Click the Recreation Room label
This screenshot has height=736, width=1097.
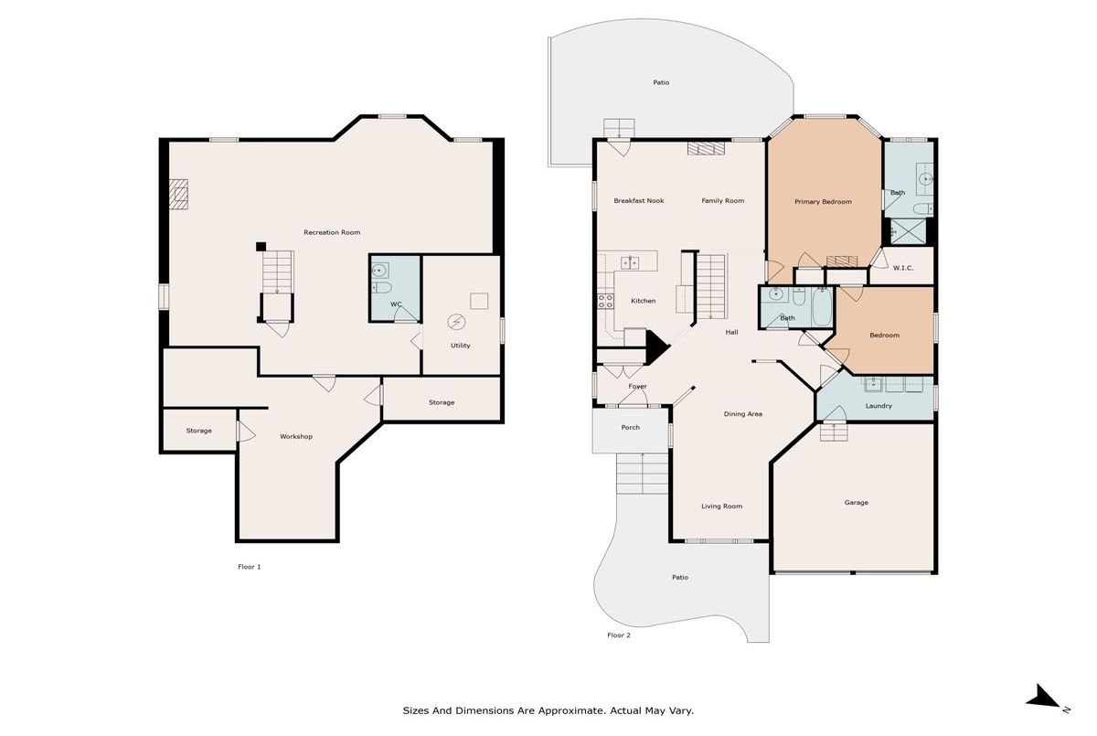click(332, 232)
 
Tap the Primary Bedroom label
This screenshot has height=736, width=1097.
click(823, 201)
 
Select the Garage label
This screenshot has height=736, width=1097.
click(856, 503)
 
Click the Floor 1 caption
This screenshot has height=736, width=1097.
click(250, 567)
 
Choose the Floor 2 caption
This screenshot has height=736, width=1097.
click(619, 635)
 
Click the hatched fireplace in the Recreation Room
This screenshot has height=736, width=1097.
click(179, 195)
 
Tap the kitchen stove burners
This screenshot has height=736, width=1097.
click(605, 301)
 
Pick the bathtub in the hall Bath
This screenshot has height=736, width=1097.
click(822, 307)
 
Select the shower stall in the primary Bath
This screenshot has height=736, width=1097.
click(908, 231)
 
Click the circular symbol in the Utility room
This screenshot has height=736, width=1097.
click(456, 322)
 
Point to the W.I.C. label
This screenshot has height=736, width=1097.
click(903, 268)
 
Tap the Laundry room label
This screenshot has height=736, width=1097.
click(879, 405)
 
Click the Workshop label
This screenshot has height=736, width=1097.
click(296, 436)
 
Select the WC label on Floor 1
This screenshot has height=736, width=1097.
click(396, 304)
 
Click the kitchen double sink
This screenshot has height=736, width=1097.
click(630, 263)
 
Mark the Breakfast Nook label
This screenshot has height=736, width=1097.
click(639, 200)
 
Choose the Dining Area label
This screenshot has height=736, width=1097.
click(743, 414)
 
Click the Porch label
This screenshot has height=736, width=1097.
click(630, 427)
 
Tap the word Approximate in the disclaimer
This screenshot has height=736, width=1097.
click(570, 710)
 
